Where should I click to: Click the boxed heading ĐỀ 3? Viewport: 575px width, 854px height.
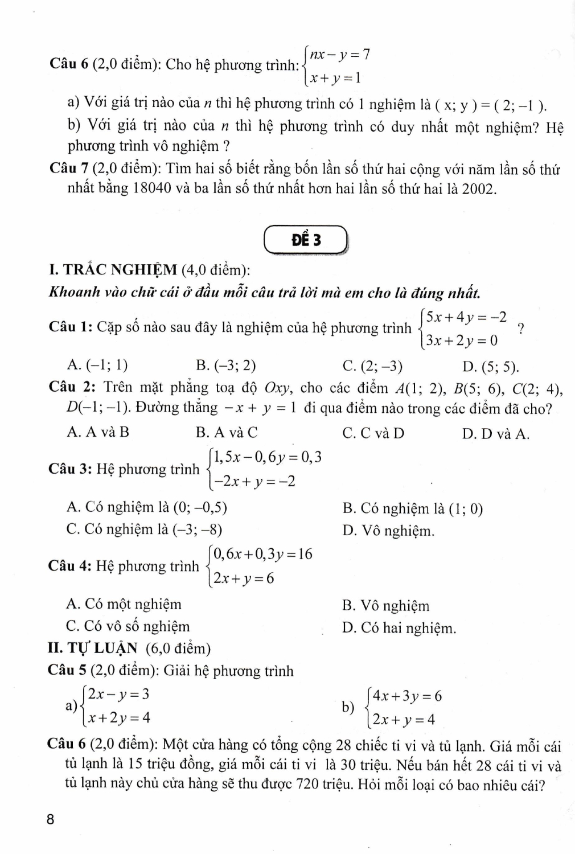306,240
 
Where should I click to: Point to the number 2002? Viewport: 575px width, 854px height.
478,189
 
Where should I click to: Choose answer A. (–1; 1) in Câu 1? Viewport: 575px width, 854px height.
97,365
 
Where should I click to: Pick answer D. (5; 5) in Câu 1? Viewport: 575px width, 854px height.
490,366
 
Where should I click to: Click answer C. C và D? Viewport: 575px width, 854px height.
373,433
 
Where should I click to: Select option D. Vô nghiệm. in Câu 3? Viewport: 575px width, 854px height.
389,531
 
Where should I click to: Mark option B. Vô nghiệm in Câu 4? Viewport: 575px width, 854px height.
386,606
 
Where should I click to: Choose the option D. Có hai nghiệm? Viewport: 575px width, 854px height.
399,629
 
